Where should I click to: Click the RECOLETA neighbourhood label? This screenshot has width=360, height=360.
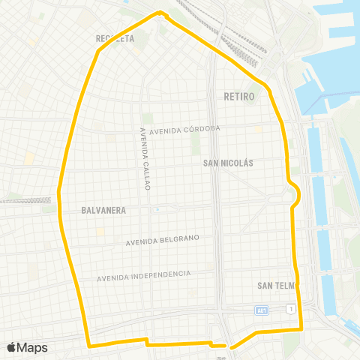click(x=115, y=37)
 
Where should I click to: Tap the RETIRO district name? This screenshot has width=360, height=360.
click(x=239, y=97)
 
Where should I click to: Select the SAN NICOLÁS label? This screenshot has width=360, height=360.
click(x=229, y=163)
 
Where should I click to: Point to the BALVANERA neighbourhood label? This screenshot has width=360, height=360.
click(x=103, y=211)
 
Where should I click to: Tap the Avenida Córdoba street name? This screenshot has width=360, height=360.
click(x=184, y=129)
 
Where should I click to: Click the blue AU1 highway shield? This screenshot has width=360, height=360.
click(x=261, y=309)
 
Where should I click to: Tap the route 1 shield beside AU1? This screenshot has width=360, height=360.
click(x=289, y=309)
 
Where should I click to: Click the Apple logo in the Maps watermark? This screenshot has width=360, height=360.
click(x=11, y=347)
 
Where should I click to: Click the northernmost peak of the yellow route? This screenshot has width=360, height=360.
click(x=160, y=12)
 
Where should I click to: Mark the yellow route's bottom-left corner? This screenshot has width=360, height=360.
click(x=89, y=346)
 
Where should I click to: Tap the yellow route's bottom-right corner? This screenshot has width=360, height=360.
click(x=301, y=328)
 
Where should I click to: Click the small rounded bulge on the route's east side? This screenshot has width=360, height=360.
click(x=298, y=194)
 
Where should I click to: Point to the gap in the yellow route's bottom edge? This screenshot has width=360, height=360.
click(x=227, y=346)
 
